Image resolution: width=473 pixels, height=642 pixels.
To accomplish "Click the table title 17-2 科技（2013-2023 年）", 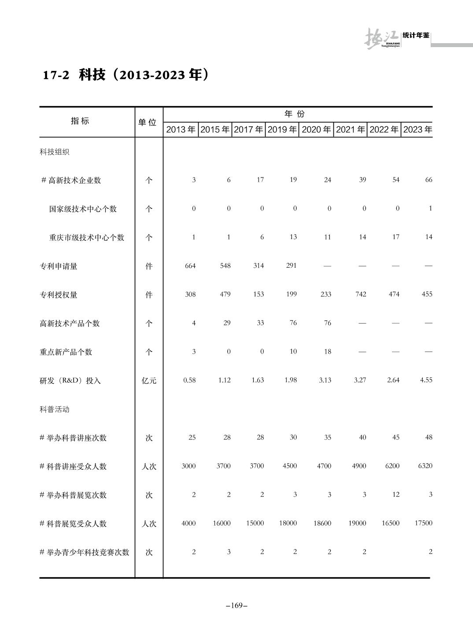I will click(x=125, y=75).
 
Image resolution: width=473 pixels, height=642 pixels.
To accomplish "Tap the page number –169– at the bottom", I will click(x=236, y=605).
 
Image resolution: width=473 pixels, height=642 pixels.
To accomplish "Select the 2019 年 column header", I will click(x=282, y=129).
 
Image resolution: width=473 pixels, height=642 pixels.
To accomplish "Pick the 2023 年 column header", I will click(x=418, y=129).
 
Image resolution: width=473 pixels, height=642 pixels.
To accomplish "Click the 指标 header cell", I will click(x=80, y=121).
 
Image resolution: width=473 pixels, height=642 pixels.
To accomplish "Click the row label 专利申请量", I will click(x=59, y=266).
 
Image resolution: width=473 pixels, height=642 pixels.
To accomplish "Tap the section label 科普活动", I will click(x=55, y=409).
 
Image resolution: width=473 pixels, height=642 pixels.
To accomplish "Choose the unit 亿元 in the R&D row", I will click(x=149, y=380).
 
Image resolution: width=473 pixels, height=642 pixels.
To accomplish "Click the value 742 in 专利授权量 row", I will click(x=361, y=294).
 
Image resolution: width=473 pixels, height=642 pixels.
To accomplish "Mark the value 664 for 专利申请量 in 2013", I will click(x=190, y=266).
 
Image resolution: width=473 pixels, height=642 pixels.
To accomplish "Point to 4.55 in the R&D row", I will click(x=426, y=380).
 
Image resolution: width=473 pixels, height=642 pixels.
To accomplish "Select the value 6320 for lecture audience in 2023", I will click(x=425, y=466).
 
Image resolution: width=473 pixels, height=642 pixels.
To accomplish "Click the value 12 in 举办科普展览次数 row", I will click(x=396, y=494).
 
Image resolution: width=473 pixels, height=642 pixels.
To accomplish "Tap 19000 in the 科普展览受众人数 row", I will click(x=357, y=523).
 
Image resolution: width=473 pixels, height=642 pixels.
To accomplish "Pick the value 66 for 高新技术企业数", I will click(x=429, y=180).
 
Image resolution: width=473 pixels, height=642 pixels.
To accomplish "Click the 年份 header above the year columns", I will click(x=295, y=114).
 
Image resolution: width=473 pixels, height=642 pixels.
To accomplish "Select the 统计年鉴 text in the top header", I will click(x=416, y=35).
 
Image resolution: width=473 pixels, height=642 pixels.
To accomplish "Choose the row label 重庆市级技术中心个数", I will click(x=87, y=237).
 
